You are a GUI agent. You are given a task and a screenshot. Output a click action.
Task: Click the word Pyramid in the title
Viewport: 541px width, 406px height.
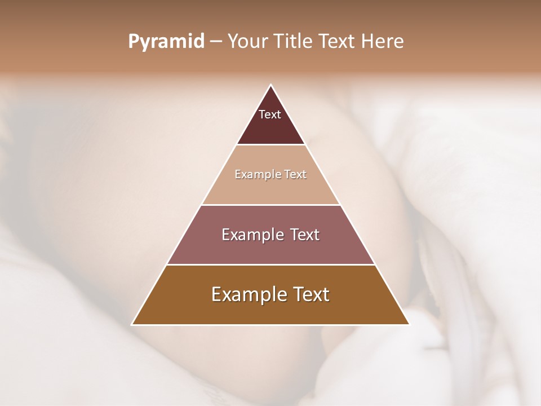[166, 42]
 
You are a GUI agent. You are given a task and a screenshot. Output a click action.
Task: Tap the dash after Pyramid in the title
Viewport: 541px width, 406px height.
[216, 42]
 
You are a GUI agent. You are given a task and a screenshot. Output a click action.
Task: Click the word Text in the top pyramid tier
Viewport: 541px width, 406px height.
[270, 114]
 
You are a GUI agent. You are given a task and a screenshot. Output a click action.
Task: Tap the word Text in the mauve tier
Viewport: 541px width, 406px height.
[302, 235]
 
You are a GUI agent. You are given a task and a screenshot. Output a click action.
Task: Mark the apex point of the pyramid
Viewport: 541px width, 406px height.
[270, 85]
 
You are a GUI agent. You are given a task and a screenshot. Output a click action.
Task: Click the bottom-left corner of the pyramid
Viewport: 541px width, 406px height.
[132, 324]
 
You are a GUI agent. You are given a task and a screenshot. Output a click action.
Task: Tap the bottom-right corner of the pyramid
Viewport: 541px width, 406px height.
[409, 324]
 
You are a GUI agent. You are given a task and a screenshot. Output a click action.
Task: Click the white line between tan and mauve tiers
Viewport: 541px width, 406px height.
[270, 205]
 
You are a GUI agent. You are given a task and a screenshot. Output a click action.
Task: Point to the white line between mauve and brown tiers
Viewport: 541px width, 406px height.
[270, 264]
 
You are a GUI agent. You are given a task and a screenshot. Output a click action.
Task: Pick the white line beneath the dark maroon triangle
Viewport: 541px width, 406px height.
[270, 145]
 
